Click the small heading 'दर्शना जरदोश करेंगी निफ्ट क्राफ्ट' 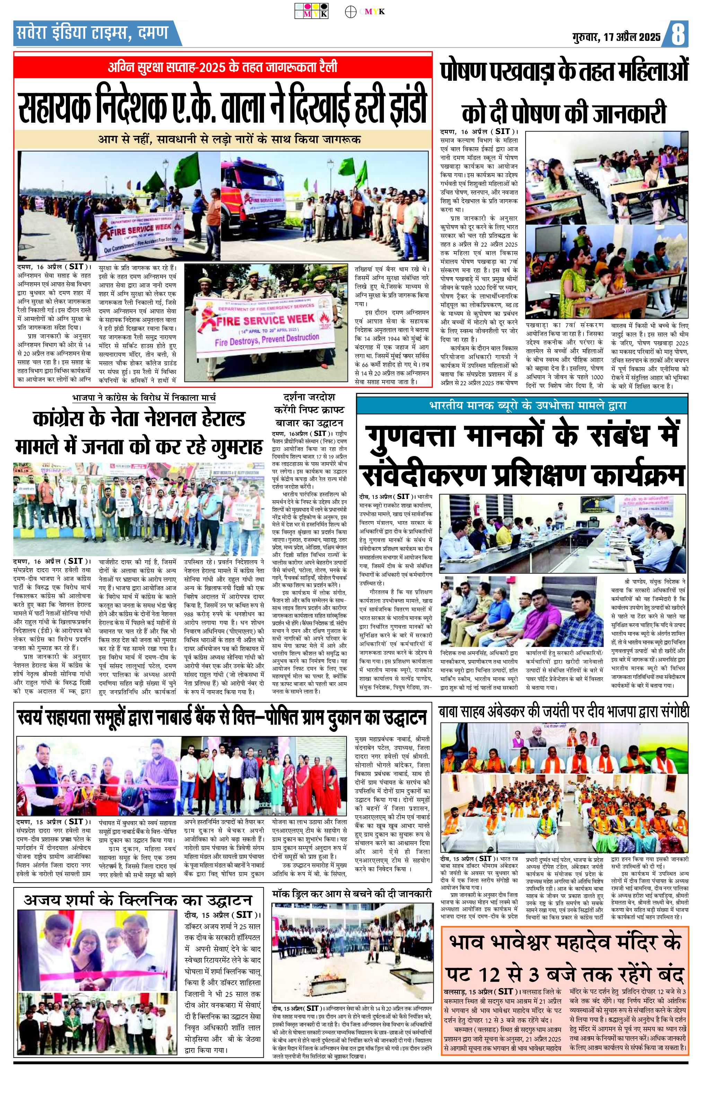click(309, 409)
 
